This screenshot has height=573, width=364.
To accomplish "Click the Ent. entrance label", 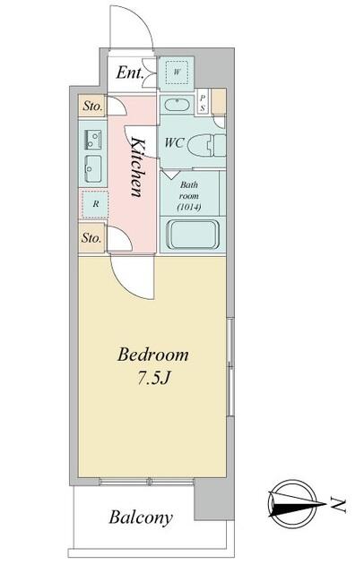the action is pyautogui.click(x=130, y=73).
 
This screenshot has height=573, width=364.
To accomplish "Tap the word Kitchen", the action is pyautogui.click(x=137, y=167).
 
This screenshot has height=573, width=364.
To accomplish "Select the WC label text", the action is pyautogui.click(x=174, y=142).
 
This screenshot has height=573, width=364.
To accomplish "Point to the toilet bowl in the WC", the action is pyautogui.click(x=205, y=145).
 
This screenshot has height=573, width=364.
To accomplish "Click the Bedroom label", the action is pyautogui.click(x=153, y=355).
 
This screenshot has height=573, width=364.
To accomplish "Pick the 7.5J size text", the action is pyautogui.click(x=153, y=379).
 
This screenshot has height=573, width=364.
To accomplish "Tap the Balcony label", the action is pyautogui.click(x=141, y=517).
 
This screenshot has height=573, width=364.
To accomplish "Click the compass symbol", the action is pyautogui.click(x=296, y=504).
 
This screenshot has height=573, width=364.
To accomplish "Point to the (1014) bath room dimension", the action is pyautogui.click(x=189, y=208).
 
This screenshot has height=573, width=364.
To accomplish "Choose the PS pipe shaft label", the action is pyautogui.click(x=203, y=103).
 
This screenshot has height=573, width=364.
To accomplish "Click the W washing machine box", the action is pyautogui.click(x=177, y=72).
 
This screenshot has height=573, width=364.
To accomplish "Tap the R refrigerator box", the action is pyautogui.click(x=95, y=204).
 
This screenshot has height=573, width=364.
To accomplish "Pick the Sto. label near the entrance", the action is pyautogui.click(x=92, y=107).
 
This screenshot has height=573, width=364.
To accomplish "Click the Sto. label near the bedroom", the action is pyautogui.click(x=91, y=238).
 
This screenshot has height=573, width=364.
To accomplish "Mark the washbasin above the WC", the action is pyautogui.click(x=178, y=105).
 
